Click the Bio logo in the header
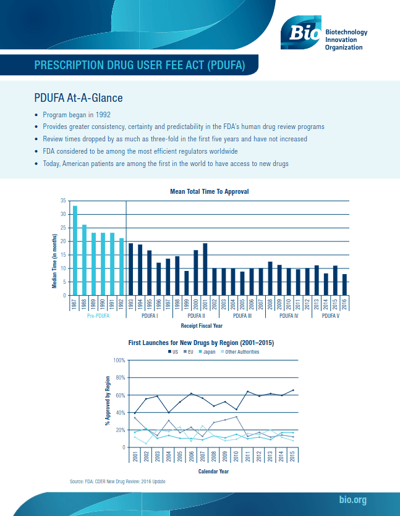(x=301, y=31)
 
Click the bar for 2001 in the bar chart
(x=205, y=269)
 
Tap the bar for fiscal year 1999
(x=187, y=283)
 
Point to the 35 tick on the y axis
(x=62, y=201)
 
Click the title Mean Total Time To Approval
(x=209, y=192)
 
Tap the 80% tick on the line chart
(x=119, y=377)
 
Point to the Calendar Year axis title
(x=213, y=471)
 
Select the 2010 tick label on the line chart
(x=236, y=457)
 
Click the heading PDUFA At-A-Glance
(x=78, y=98)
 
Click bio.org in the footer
(x=354, y=499)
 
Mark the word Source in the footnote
(x=77, y=481)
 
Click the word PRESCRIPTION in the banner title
(x=67, y=65)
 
